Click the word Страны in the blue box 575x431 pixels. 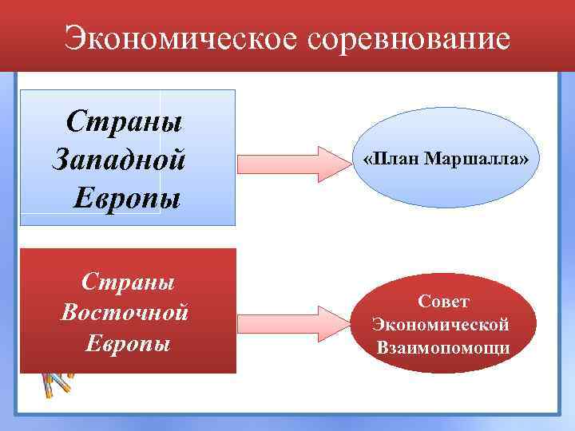click(124, 121)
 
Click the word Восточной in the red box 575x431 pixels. click(125, 312)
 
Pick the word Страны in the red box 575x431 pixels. click(129, 283)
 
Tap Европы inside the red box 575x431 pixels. click(128, 343)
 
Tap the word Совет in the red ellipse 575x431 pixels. click(443, 301)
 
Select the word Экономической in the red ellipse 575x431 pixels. click(441, 325)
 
